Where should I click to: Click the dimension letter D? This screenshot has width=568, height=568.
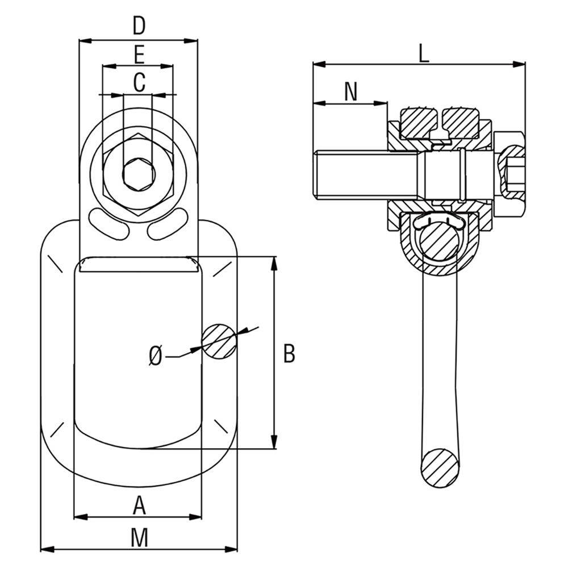(139, 27)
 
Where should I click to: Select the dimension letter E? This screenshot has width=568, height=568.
(138, 55)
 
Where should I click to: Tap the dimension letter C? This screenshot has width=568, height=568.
(139, 82)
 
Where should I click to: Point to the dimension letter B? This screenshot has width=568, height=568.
(289, 353)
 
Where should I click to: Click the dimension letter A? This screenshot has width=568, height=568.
(139, 504)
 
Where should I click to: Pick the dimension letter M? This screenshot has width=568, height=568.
(139, 537)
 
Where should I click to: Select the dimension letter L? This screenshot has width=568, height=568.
(423, 54)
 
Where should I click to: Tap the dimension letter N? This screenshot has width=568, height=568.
(351, 92)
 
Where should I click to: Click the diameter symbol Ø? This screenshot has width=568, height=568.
(156, 356)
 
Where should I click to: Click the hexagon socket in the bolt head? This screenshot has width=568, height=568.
(138, 173)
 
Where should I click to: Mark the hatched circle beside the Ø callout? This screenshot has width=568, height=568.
(219, 341)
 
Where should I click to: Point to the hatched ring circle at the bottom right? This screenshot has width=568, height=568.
(439, 467)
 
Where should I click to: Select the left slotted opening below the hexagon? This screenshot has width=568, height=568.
(108, 223)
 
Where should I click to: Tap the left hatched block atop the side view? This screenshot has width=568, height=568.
(420, 123)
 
